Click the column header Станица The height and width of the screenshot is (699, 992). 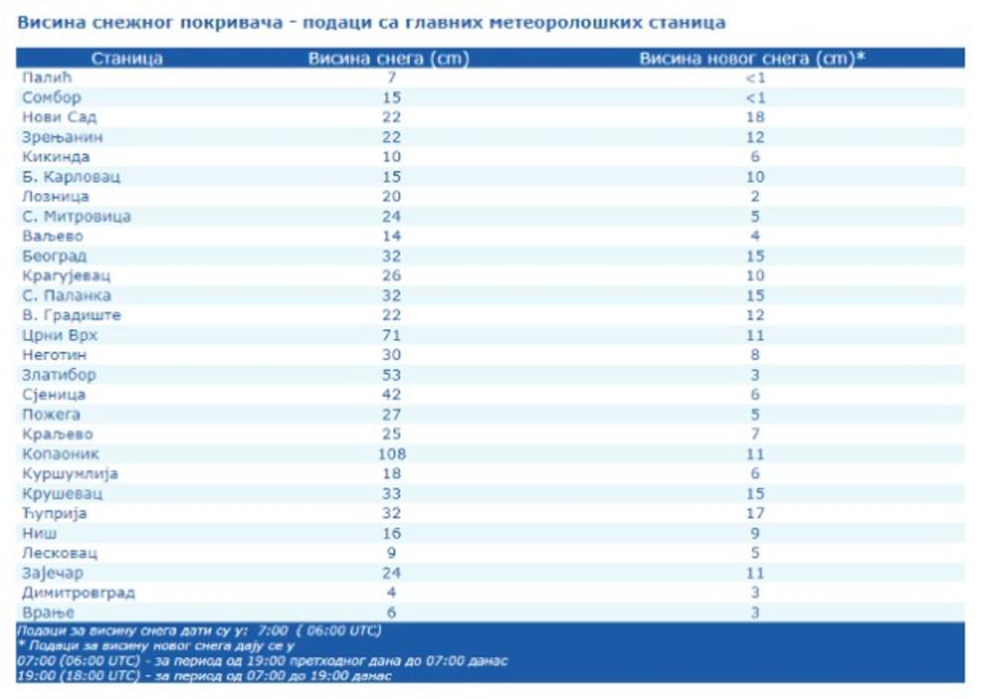click(127, 58)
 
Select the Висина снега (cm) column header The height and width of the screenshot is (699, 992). click(389, 58)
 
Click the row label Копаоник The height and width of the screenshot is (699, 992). click(61, 454)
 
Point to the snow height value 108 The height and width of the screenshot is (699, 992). click(393, 454)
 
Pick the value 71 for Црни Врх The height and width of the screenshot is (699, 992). click(393, 335)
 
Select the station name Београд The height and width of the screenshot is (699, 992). click(55, 256)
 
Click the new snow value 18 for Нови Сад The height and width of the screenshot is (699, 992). click(756, 117)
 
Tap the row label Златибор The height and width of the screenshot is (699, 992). click(60, 375)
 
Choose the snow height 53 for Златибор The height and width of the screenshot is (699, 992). click(393, 375)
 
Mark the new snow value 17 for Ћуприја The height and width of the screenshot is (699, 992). click(756, 514)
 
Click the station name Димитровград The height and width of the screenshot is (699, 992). click(78, 593)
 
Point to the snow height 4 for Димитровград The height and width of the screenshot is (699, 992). click(393, 593)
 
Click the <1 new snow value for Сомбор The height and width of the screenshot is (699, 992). click(756, 97)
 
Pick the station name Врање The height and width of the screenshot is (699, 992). click(47, 613)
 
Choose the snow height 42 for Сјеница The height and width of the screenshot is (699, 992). click(393, 395)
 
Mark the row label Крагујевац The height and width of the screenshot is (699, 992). click(66, 276)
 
